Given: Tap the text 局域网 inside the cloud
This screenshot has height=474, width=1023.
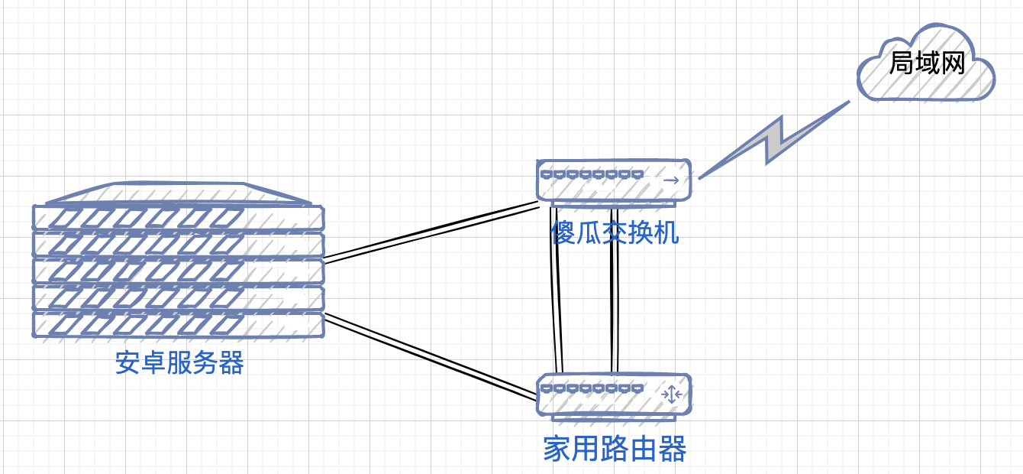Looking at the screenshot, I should click(x=927, y=63).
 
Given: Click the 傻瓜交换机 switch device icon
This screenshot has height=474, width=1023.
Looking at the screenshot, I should click(x=613, y=180).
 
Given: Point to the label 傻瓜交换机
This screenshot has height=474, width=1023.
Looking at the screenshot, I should click(x=615, y=232).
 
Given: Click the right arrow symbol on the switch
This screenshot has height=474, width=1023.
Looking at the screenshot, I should click(x=671, y=180).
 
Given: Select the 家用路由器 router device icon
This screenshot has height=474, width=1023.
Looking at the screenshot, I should click(x=613, y=394).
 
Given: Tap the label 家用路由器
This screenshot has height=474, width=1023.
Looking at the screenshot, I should click(x=615, y=449).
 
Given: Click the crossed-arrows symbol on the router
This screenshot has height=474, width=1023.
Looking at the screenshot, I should click(x=671, y=394).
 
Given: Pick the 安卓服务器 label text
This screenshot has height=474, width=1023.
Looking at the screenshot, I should click(x=179, y=363).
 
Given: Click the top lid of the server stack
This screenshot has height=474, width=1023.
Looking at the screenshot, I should click(x=178, y=194).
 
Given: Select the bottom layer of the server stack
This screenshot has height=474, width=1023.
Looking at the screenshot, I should click(x=178, y=324).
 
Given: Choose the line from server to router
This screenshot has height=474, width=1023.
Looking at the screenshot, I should click(x=432, y=357).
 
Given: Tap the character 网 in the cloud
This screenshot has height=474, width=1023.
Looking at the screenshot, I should click(x=952, y=63).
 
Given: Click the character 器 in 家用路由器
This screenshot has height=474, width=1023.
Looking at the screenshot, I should click(x=673, y=449).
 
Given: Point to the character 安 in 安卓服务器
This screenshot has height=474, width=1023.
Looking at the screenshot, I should click(x=128, y=363).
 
